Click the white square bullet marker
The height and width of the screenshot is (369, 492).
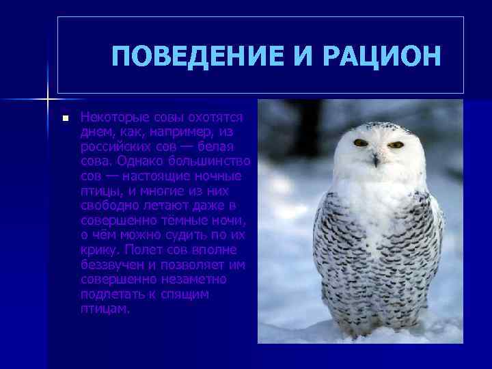[65, 118]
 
